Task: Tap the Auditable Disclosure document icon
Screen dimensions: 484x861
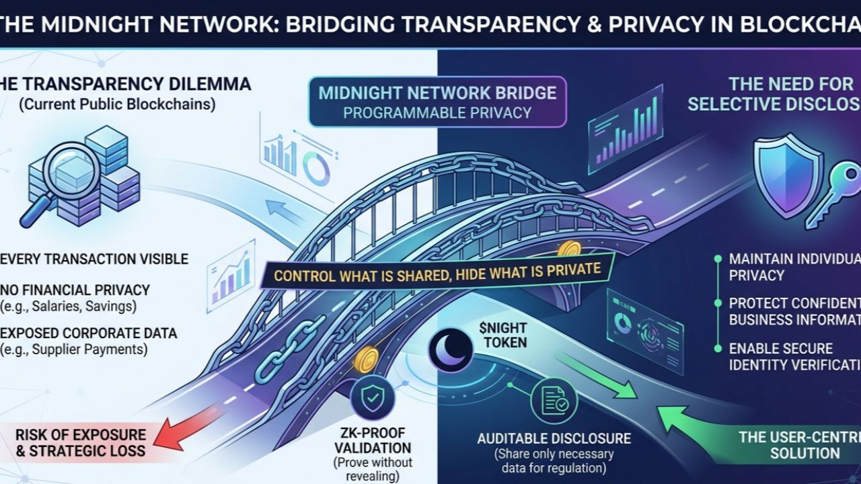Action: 554,401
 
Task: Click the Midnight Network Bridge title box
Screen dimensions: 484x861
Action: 437,102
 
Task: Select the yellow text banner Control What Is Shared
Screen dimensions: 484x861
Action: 437,272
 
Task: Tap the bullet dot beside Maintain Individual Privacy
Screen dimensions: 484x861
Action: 718,259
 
